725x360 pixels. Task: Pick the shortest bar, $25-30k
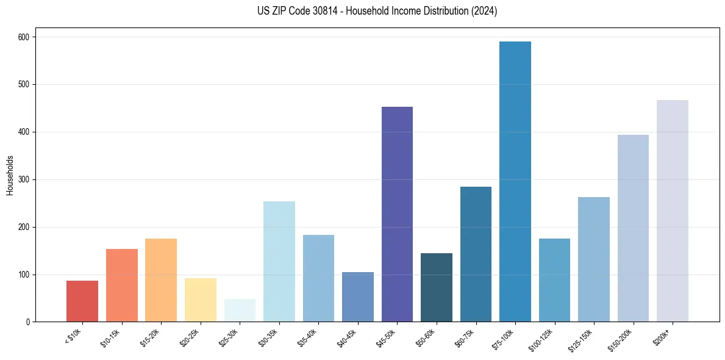tap(240, 311)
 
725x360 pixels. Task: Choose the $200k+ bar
tap(673, 211)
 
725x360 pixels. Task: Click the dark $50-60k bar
tap(437, 287)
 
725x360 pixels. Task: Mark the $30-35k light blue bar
tap(279, 262)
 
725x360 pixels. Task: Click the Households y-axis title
tap(10, 175)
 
